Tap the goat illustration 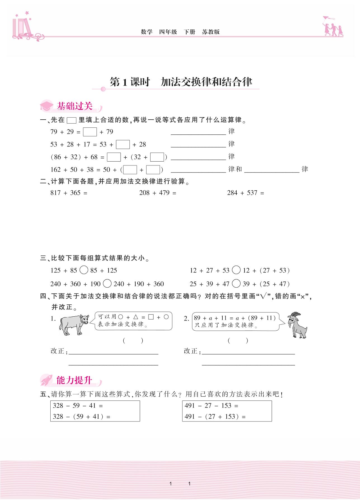[x=298, y=325]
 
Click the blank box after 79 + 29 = [x=90, y=132]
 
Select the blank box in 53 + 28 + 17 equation [x=123, y=144]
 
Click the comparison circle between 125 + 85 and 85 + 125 [x=84, y=270]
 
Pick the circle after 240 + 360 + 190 [x=107, y=283]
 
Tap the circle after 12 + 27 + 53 [x=236, y=270]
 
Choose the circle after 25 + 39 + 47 [x=236, y=283]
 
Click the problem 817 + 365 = [x=69, y=193]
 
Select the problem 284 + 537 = [x=246, y=193]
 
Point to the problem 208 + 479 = [x=158, y=193]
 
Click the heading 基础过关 [x=74, y=106]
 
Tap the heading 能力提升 [x=74, y=380]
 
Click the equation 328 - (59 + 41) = [x=81, y=416]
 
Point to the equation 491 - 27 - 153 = [x=211, y=406]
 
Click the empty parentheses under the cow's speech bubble [x=133, y=340]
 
